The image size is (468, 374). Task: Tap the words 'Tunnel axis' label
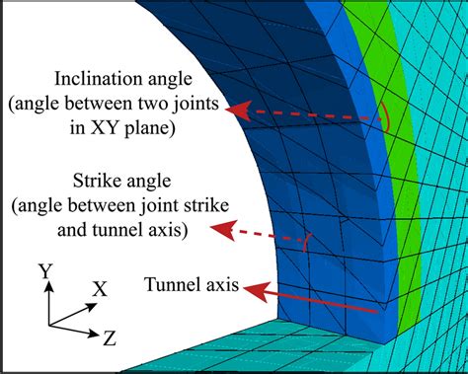tap(192, 285)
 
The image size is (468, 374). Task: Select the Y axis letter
tap(44, 269)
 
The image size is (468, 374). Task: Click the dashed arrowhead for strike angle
tap(223, 233)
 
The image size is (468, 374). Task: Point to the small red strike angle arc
tap(308, 239)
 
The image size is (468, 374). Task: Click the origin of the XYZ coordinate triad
tap(45, 324)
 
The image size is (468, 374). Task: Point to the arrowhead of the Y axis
tap(45, 285)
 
